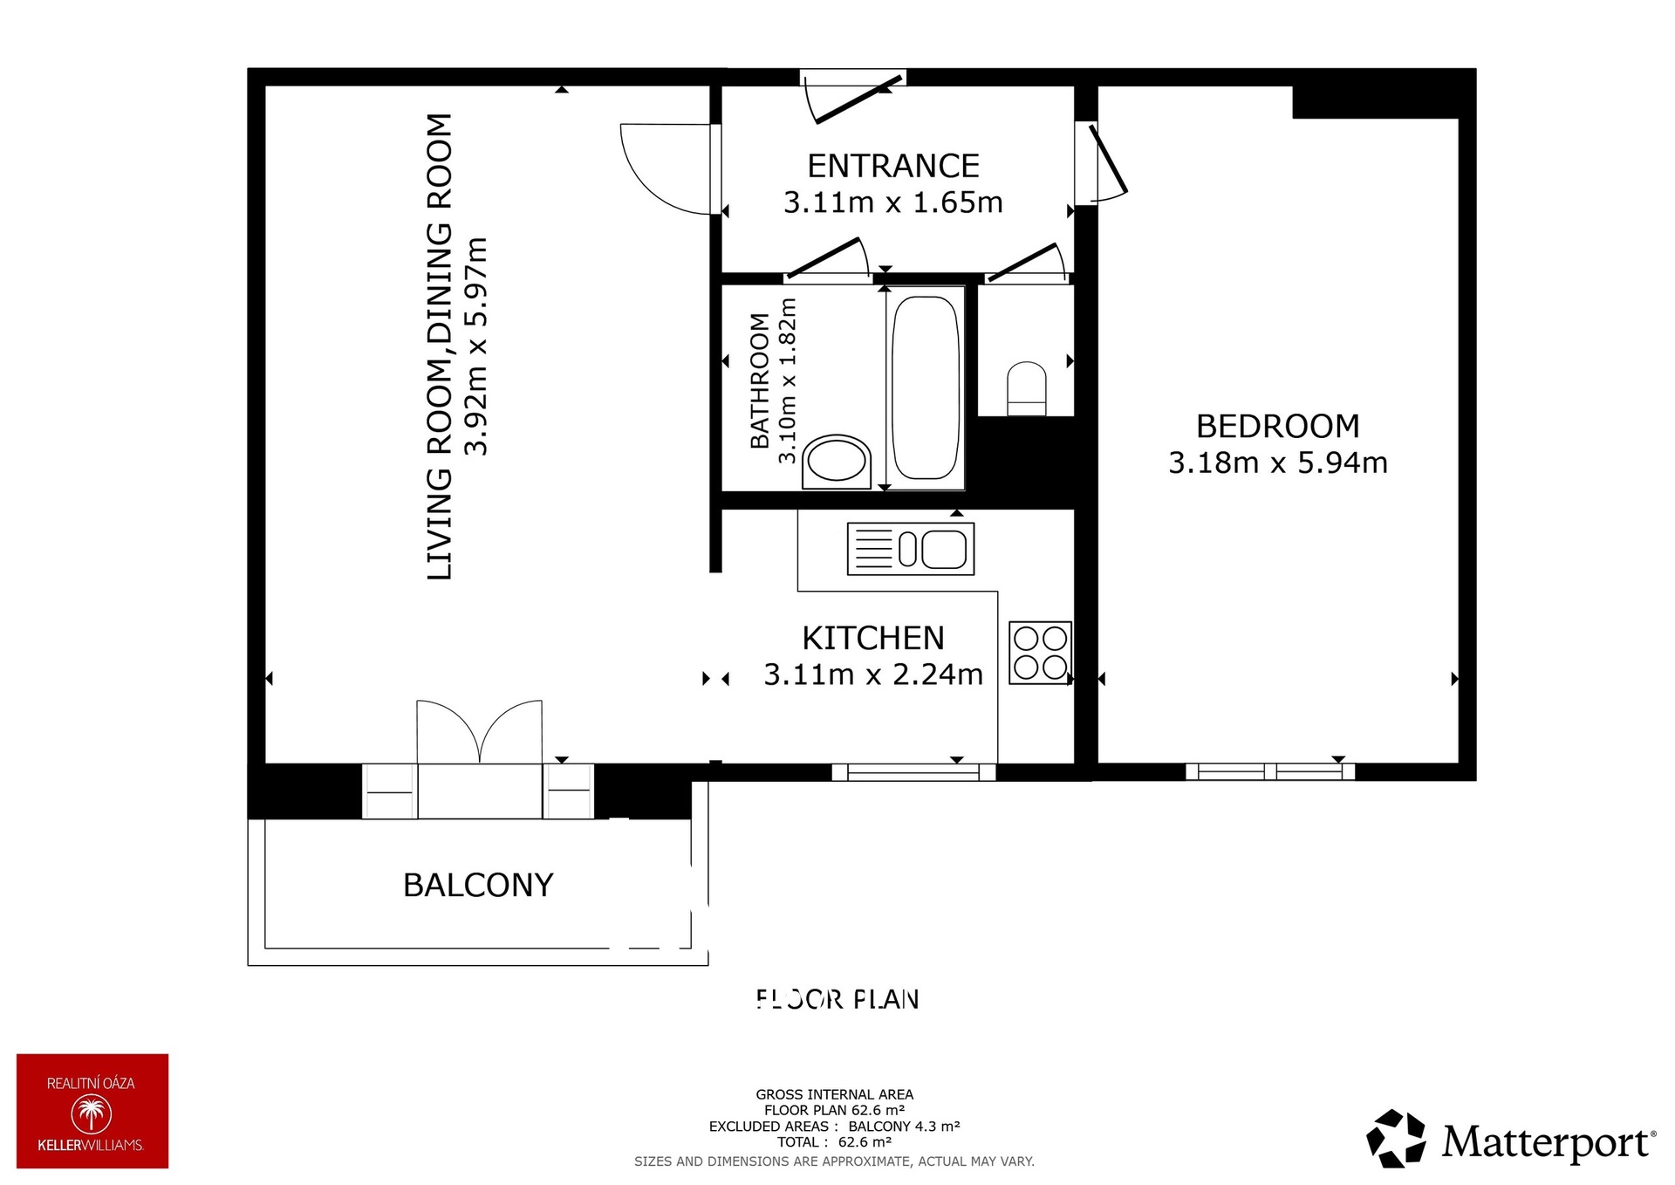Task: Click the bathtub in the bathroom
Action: point(926,387)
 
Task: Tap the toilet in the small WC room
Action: point(1027,389)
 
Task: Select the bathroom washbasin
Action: point(837,460)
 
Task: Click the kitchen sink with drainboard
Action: point(910,549)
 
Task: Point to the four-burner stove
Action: point(1040,652)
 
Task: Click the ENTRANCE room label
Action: point(892,166)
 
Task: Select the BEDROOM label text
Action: point(1277,426)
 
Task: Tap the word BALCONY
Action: point(478,885)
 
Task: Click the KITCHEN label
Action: point(872,638)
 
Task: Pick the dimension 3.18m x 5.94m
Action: point(1277,462)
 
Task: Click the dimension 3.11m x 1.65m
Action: point(892,202)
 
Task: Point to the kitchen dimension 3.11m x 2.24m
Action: point(872,675)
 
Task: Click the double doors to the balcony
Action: point(479,733)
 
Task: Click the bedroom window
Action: point(1269,771)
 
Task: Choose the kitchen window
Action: point(913,771)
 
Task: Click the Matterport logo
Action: point(1510,1139)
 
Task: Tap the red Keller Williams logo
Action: point(92,1111)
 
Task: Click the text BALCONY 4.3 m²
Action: point(904,1127)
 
